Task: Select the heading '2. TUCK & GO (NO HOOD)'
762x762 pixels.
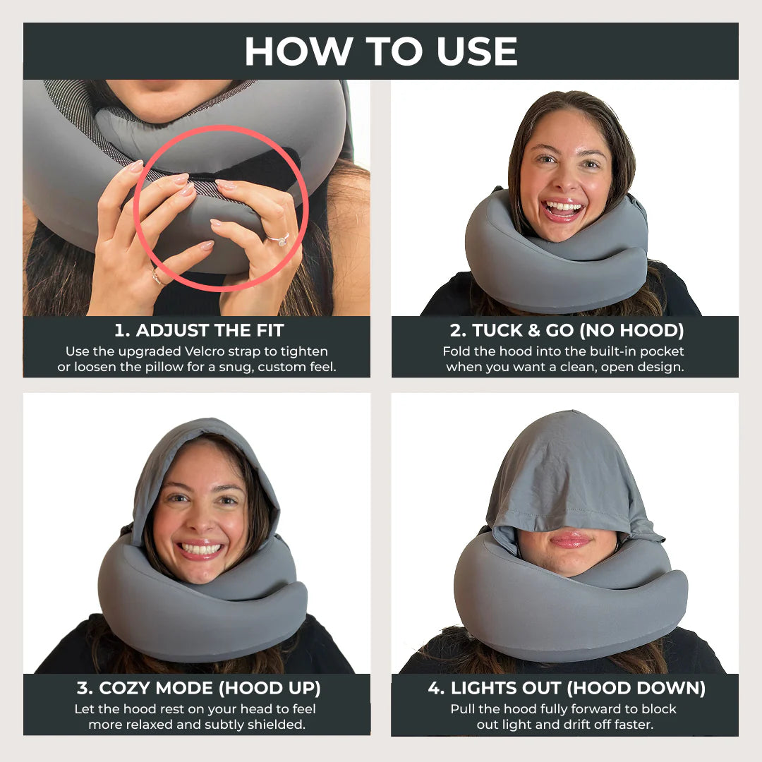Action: click(x=567, y=330)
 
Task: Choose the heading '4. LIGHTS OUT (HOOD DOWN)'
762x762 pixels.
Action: click(x=567, y=688)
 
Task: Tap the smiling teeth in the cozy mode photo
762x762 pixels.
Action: click(x=201, y=548)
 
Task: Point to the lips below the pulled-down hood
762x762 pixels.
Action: click(x=570, y=540)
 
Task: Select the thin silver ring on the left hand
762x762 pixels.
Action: click(x=156, y=277)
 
